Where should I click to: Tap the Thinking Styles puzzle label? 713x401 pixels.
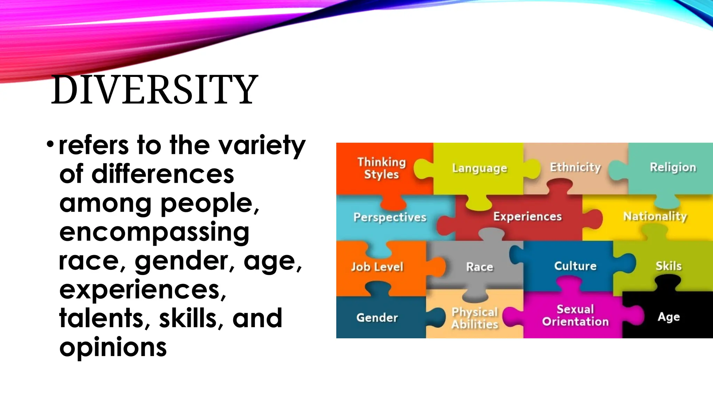[382, 168]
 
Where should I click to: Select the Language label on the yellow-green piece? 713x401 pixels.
[479, 168]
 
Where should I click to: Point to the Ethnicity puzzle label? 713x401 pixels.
[575, 167]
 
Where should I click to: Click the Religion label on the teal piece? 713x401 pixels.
[673, 167]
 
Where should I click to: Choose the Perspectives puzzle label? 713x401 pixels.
[390, 217]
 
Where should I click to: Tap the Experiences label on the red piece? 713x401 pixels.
[527, 217]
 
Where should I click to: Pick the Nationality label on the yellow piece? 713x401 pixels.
[655, 217]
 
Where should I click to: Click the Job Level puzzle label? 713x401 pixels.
[377, 267]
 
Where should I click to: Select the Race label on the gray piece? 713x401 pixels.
[479, 267]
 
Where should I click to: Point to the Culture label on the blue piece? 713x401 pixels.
[575, 266]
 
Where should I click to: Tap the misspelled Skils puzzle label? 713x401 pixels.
[668, 266]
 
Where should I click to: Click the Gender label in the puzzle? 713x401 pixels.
[377, 317]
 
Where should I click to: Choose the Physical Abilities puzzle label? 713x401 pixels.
[475, 318]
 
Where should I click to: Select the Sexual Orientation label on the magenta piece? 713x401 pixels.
[575, 315]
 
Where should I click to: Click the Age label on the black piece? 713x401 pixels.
[668, 317]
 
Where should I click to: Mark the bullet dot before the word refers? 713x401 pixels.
[50, 144]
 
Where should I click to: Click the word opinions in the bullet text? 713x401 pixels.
[113, 347]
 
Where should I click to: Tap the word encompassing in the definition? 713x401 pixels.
[154, 232]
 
